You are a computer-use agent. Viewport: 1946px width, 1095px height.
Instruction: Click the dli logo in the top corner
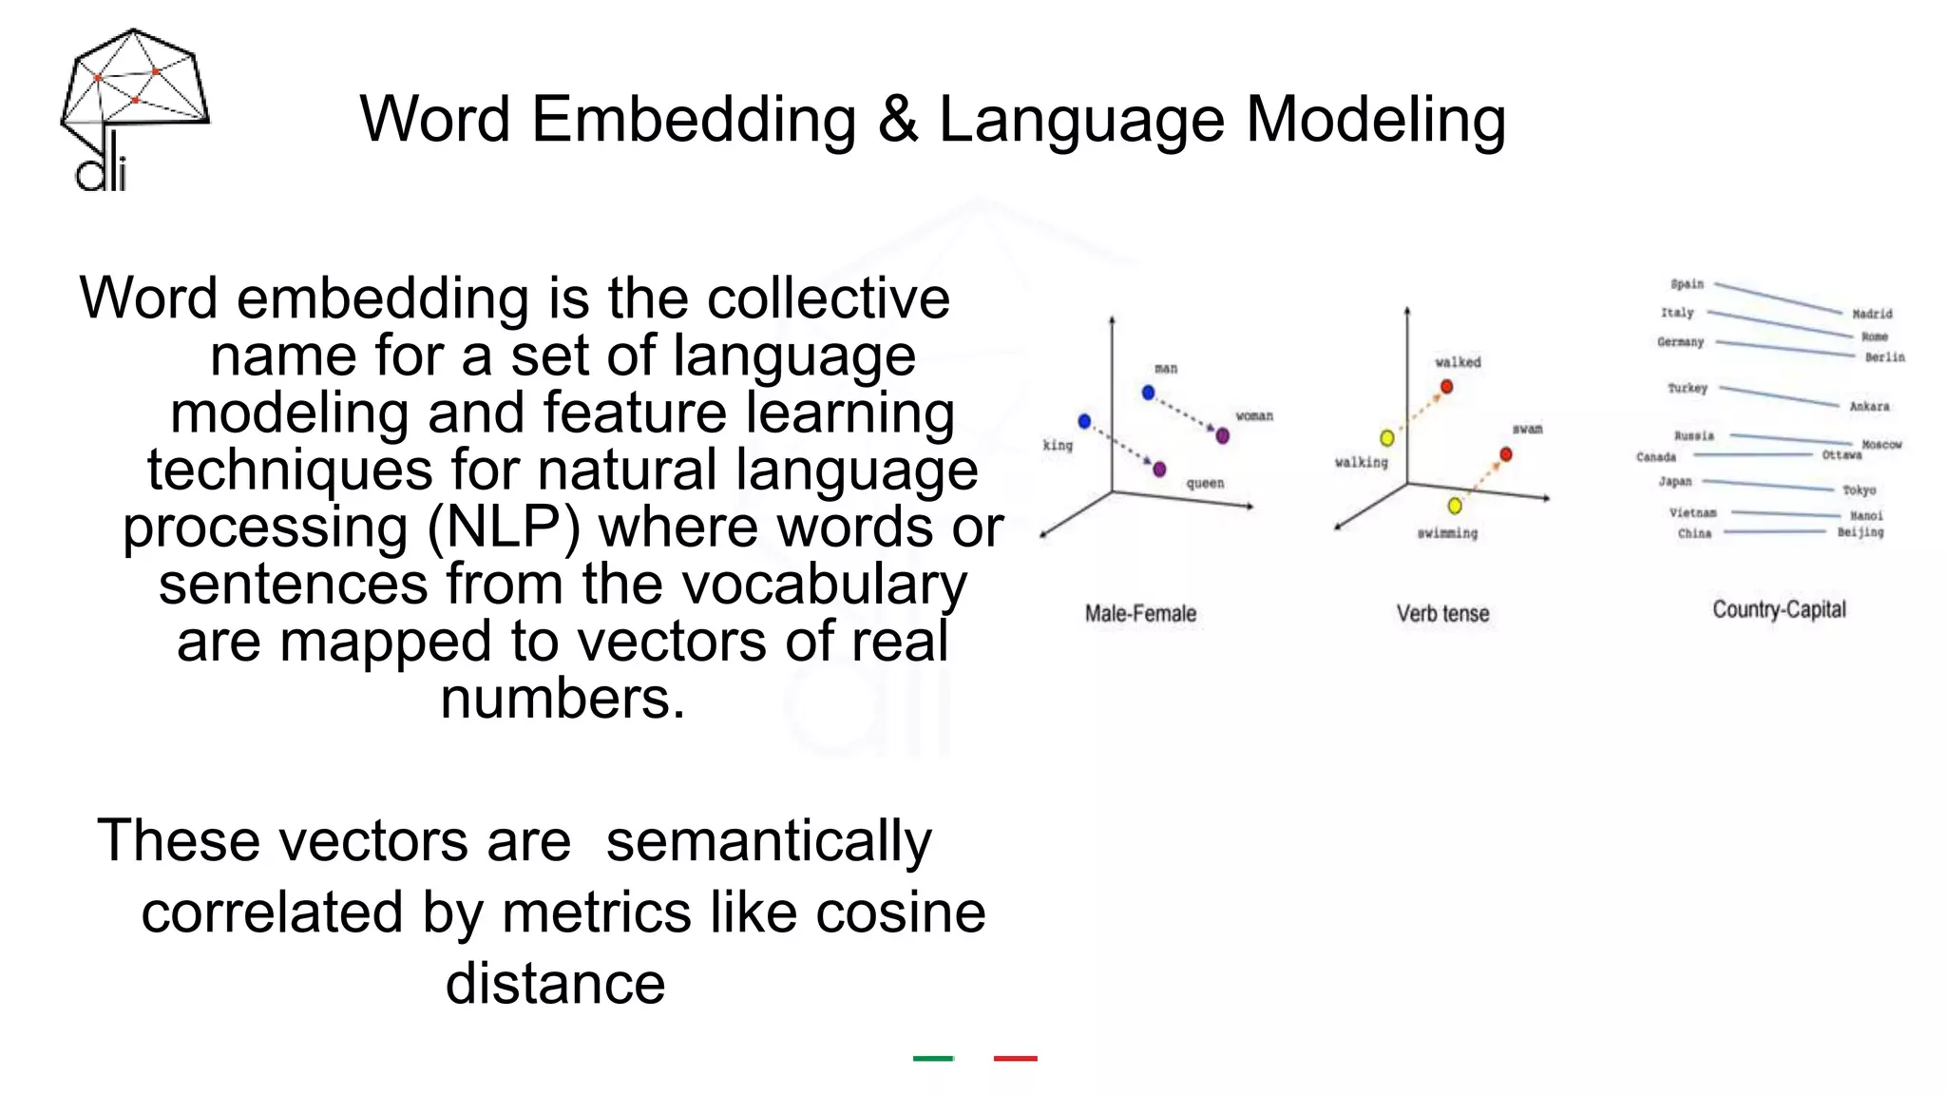click(133, 109)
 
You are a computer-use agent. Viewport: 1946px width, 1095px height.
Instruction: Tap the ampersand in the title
click(897, 120)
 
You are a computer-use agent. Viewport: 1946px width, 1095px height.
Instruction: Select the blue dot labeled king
click(1084, 421)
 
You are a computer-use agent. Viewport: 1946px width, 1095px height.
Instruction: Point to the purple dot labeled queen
click(1159, 469)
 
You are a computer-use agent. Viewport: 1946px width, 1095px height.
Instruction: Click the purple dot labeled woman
click(1223, 435)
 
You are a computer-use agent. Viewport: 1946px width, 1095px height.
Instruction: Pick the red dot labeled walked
click(1446, 387)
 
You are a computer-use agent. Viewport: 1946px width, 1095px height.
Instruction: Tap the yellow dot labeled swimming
click(1455, 505)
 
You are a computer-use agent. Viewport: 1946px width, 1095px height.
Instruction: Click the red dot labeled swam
click(1505, 454)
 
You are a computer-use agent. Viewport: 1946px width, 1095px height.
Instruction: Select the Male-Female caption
click(1140, 614)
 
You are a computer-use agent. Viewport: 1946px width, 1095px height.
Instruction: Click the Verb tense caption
click(1442, 614)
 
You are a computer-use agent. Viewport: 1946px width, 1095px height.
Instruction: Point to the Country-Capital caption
click(1779, 610)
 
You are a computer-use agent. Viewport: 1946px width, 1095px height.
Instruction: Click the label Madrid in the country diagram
click(1872, 314)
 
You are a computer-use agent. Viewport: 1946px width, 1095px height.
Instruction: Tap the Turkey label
click(1688, 388)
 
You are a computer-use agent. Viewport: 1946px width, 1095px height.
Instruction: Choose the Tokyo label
click(1860, 490)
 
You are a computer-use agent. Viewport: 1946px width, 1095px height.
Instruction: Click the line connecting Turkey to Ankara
click(1779, 396)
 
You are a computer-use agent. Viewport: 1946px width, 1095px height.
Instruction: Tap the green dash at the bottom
click(933, 1058)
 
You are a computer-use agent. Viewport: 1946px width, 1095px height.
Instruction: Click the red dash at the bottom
click(1015, 1058)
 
